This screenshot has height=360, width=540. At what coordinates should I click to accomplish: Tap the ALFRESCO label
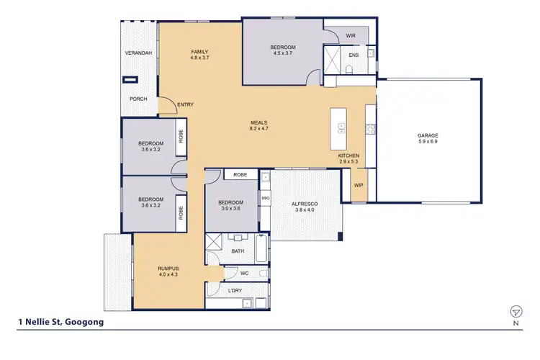pos(305,204)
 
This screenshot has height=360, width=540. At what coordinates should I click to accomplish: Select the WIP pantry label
pos(358,184)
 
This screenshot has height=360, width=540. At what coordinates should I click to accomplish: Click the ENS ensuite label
pos(354,54)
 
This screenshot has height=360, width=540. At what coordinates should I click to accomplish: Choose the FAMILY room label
pos(199,52)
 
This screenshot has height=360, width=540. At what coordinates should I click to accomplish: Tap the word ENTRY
pos(185,105)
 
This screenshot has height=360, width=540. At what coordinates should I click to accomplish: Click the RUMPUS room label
pos(167,269)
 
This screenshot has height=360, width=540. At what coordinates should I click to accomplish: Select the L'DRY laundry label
pos(235,290)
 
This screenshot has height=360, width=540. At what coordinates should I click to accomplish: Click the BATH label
pos(238,251)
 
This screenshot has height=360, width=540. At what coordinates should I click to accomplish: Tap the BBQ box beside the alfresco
pos(265,197)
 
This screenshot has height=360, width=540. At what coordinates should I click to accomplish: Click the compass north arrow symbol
pos(516,311)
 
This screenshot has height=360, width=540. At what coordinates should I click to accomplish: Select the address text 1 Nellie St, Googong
pos(60,323)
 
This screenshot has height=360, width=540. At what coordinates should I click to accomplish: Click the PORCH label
pos(138,99)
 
